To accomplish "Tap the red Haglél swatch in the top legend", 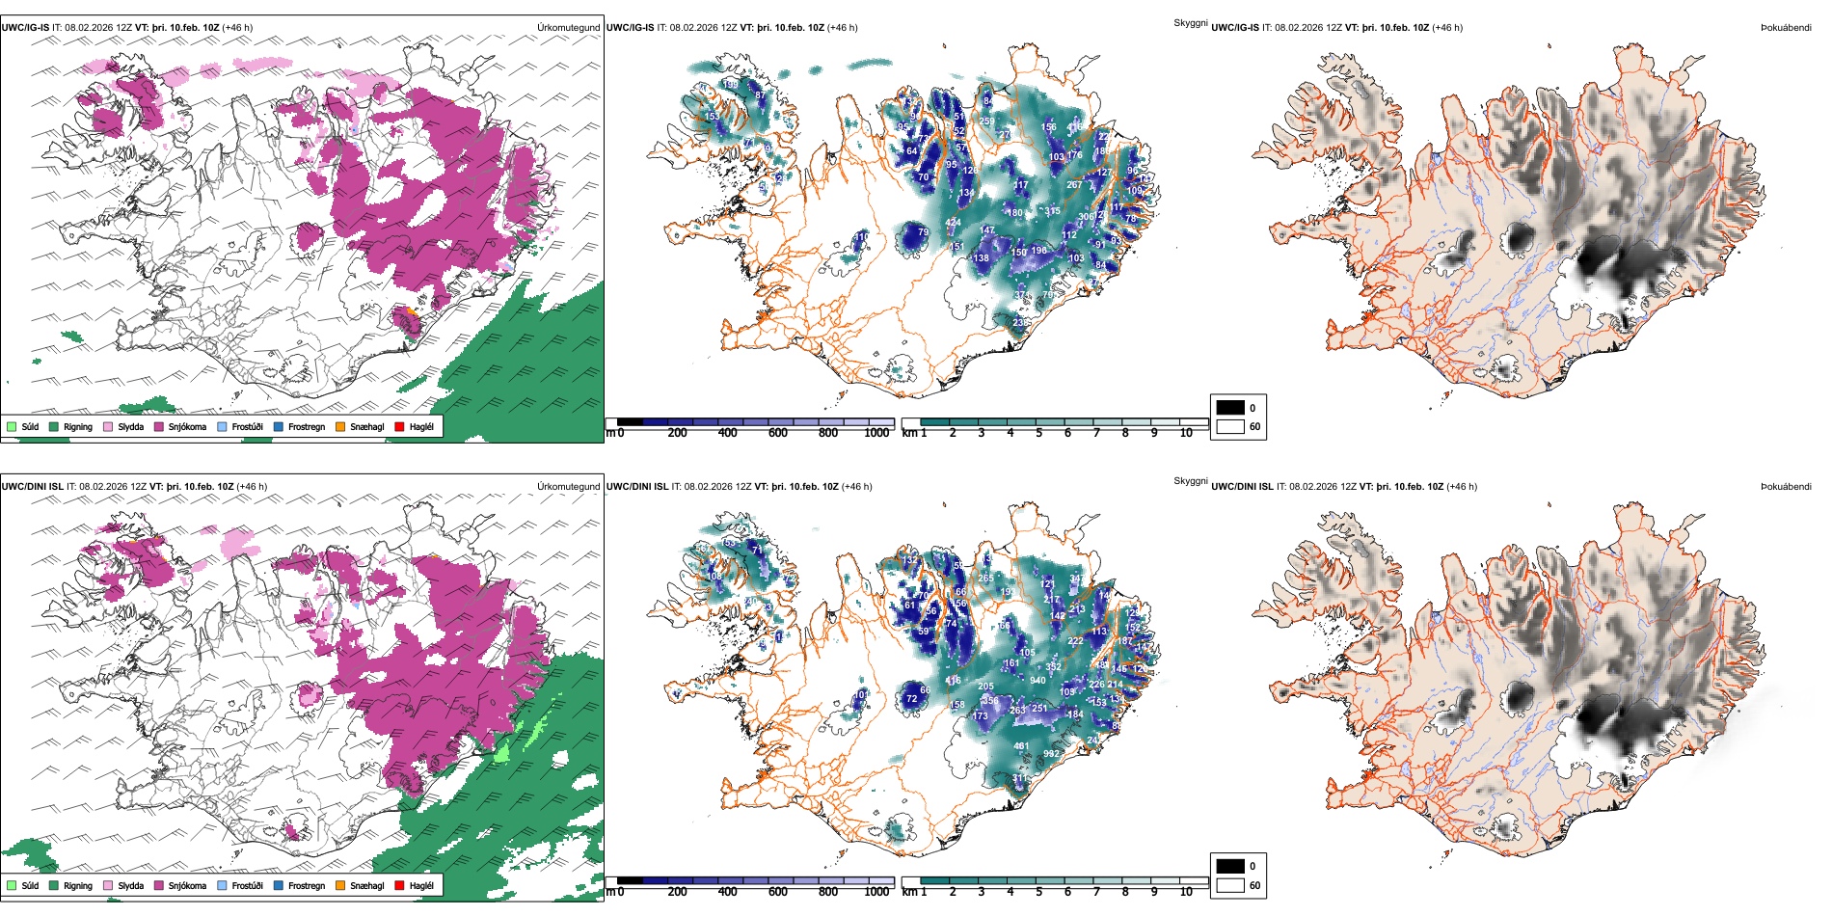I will [x=399, y=427].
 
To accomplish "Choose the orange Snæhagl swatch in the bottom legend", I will [x=340, y=886].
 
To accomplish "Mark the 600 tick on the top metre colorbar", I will [x=777, y=433].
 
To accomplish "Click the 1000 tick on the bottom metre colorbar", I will [x=876, y=892].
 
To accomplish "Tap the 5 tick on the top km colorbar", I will [x=1038, y=433].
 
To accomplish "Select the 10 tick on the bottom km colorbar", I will [x=1186, y=892].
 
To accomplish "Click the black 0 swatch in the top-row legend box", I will [x=1230, y=408].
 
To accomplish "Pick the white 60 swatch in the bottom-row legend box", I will [x=1230, y=885].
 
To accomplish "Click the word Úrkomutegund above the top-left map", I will [x=569, y=28].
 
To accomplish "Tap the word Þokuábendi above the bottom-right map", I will [x=1786, y=487].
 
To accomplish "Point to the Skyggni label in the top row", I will [x=1191, y=23].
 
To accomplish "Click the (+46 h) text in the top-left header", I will [x=237, y=28].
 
